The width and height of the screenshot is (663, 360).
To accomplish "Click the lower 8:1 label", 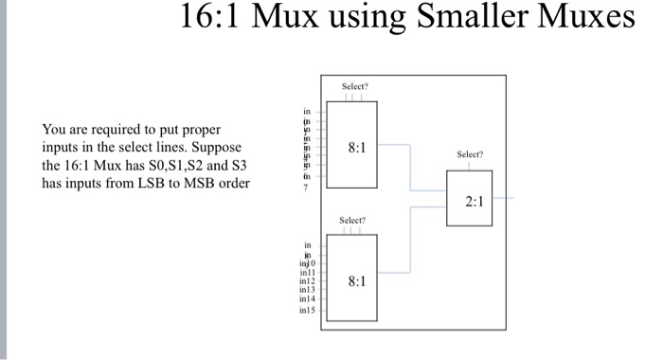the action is (x=357, y=281).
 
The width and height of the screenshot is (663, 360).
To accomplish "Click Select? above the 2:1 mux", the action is (x=469, y=153).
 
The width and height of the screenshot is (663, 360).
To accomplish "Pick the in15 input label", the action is (x=306, y=310).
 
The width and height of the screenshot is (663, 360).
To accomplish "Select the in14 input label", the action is (x=306, y=298).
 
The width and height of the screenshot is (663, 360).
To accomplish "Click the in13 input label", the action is (x=306, y=290).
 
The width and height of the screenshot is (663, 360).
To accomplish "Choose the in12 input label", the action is (x=306, y=281).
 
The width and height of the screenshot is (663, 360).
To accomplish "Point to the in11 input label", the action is (x=306, y=273).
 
